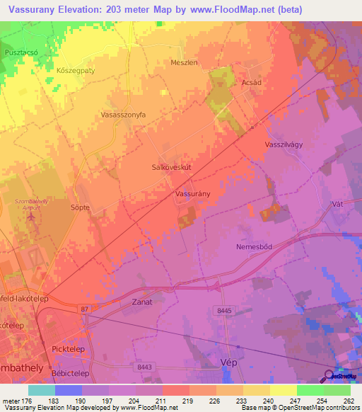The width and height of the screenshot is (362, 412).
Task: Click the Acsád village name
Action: tap(251, 81)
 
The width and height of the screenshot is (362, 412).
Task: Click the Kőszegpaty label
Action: tap(75, 71)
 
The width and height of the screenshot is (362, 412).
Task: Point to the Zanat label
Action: tap(142, 302)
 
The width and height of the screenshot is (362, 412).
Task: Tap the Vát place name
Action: tap(337, 204)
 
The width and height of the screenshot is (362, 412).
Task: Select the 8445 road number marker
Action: tap(224, 309)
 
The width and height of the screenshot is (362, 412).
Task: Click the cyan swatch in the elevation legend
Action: tap(41, 390)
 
